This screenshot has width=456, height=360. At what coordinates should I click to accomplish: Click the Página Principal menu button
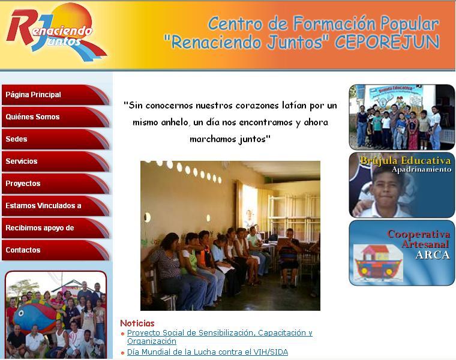click(55, 95)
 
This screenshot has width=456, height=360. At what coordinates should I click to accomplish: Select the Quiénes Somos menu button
click(55, 117)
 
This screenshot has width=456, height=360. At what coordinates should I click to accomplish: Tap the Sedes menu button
click(55, 139)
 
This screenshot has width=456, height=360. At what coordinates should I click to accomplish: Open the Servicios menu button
click(55, 161)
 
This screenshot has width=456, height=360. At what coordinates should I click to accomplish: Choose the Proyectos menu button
click(55, 184)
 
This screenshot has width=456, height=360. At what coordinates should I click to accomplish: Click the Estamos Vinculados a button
click(55, 206)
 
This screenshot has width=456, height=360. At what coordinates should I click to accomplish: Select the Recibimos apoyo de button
click(55, 228)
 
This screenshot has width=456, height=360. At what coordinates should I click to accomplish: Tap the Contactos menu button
click(55, 250)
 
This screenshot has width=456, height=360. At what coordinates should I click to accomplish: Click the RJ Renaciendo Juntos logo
click(55, 32)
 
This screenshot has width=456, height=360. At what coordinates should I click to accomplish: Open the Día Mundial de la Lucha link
click(208, 352)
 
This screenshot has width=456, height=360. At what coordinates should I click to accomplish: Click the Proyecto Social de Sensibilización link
click(220, 337)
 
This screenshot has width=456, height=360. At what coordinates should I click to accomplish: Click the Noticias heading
click(137, 323)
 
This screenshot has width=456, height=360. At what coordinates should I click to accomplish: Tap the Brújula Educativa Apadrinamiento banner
click(402, 185)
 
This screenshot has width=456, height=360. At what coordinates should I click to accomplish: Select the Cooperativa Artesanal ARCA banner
click(402, 253)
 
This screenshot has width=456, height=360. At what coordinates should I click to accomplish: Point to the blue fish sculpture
click(34, 317)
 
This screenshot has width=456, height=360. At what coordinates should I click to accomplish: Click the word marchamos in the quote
click(212, 139)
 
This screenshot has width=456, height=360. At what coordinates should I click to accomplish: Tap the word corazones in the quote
click(257, 105)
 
